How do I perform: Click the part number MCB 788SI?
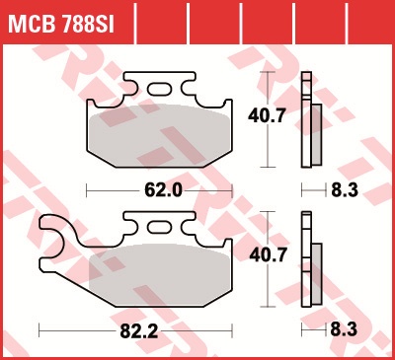(x=61, y=24)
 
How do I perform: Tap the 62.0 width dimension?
(x=163, y=190)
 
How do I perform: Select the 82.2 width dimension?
(x=139, y=331)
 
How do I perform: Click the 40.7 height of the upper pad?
(x=267, y=115)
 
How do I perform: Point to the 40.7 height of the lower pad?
(x=268, y=255)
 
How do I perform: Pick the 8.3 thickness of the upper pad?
(x=345, y=190)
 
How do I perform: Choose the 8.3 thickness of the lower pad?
(x=344, y=329)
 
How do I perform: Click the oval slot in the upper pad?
(x=160, y=89)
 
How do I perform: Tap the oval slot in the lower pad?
(x=160, y=228)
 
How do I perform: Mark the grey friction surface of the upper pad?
(x=159, y=135)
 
